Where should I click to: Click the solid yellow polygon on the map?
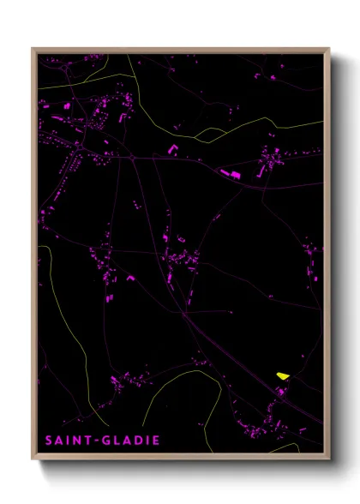coord(282,375)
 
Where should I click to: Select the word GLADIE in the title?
coord(129,441)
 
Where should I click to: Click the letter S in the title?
coord(49,441)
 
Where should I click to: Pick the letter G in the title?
coord(105,441)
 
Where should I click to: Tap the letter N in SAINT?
coord(79,441)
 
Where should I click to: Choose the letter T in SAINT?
coord(89,441)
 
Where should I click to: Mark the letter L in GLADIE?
coord(116,441)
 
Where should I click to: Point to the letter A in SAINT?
coord(59,441)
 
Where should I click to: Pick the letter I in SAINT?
coord(69,441)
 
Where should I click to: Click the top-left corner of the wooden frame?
coord(33,49)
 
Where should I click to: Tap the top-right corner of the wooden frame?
coord(329,49)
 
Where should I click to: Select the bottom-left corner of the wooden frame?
coord(33,459)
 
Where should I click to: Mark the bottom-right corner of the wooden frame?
coord(329,459)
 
